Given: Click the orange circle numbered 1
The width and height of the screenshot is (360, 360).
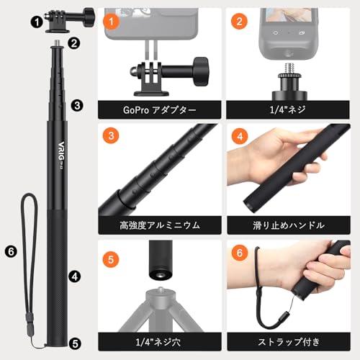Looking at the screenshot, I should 109,22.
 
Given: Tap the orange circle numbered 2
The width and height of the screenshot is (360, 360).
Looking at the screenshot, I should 238,22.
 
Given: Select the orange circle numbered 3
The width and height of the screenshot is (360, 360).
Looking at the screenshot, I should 109,135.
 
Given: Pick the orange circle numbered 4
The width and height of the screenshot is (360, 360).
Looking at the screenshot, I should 238,135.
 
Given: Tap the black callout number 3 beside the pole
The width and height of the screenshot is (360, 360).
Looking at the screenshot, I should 76,105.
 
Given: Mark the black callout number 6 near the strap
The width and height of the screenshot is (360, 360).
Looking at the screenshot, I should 9,251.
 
